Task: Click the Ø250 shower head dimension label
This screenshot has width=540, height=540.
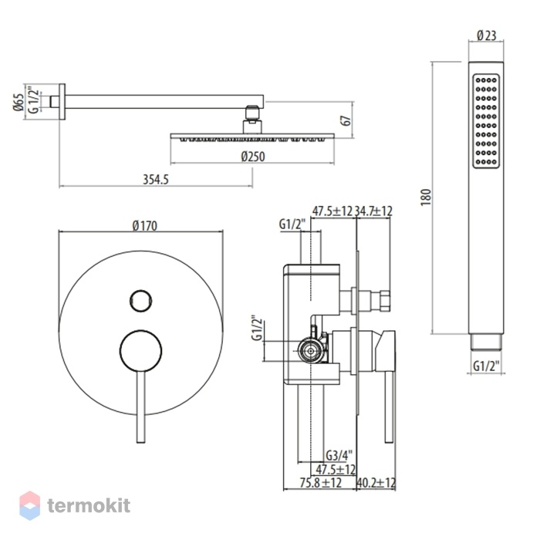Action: click(x=253, y=157)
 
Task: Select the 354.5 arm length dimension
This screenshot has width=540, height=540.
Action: click(x=156, y=180)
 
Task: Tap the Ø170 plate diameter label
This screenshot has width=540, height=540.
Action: click(x=145, y=225)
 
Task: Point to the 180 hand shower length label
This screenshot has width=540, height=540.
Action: click(x=426, y=197)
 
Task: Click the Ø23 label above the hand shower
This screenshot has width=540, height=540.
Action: click(x=486, y=35)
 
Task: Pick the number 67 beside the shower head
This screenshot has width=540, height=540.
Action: click(x=347, y=120)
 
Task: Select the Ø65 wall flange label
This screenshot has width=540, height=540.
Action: click(x=19, y=102)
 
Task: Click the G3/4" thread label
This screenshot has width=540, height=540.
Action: click(x=339, y=456)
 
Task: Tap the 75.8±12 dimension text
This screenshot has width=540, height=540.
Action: click(x=320, y=482)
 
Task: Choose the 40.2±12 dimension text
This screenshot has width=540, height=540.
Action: click(x=376, y=482)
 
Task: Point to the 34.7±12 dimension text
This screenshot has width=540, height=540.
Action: click(x=373, y=211)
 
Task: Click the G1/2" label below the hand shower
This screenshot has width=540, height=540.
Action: click(x=486, y=366)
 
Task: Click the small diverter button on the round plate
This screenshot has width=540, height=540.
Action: click(x=141, y=301)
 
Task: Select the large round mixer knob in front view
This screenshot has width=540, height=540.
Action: click(x=141, y=351)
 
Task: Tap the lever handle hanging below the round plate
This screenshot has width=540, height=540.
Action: click(x=141, y=407)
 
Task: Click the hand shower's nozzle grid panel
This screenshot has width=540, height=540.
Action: click(x=486, y=121)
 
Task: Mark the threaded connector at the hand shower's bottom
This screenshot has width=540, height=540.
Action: click(x=486, y=342)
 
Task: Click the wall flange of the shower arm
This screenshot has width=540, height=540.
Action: click(x=62, y=102)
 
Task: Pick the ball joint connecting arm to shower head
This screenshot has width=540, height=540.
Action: click(x=253, y=113)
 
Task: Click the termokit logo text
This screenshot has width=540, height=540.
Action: click(x=89, y=505)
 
